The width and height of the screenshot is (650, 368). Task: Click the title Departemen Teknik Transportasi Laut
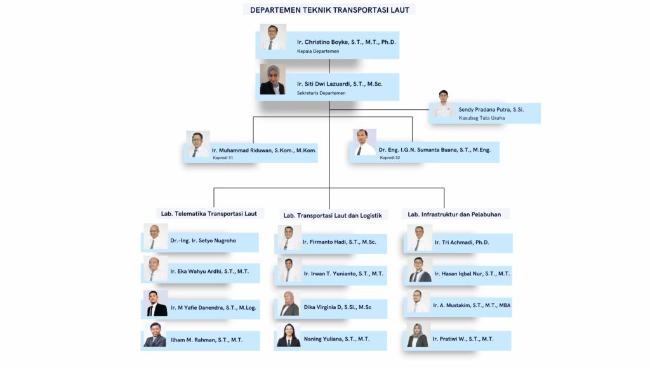(329, 10)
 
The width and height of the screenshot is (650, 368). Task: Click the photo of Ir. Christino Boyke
(273, 37)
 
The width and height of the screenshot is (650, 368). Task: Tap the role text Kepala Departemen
(318, 51)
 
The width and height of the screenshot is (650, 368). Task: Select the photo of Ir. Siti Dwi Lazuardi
(272, 80)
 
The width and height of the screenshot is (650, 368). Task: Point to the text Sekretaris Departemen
(321, 93)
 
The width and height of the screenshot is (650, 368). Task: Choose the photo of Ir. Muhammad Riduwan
(198, 145)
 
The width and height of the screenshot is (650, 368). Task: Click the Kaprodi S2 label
(390, 157)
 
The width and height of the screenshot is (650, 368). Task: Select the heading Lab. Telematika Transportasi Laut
(209, 214)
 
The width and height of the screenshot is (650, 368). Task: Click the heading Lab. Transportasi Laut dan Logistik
(333, 215)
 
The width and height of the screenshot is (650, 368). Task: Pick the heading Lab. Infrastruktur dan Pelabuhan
(454, 214)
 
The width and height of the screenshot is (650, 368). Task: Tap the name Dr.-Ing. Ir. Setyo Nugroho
(203, 241)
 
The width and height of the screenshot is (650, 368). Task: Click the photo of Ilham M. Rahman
(155, 335)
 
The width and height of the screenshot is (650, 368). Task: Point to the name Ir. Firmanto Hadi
(339, 242)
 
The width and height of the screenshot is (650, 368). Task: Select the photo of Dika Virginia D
(289, 304)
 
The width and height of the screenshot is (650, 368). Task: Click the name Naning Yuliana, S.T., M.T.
(336, 339)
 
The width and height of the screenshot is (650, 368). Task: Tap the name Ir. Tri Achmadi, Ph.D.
(462, 242)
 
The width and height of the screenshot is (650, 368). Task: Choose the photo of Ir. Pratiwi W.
(418, 336)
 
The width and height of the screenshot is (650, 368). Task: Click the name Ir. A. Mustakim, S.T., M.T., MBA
(472, 305)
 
